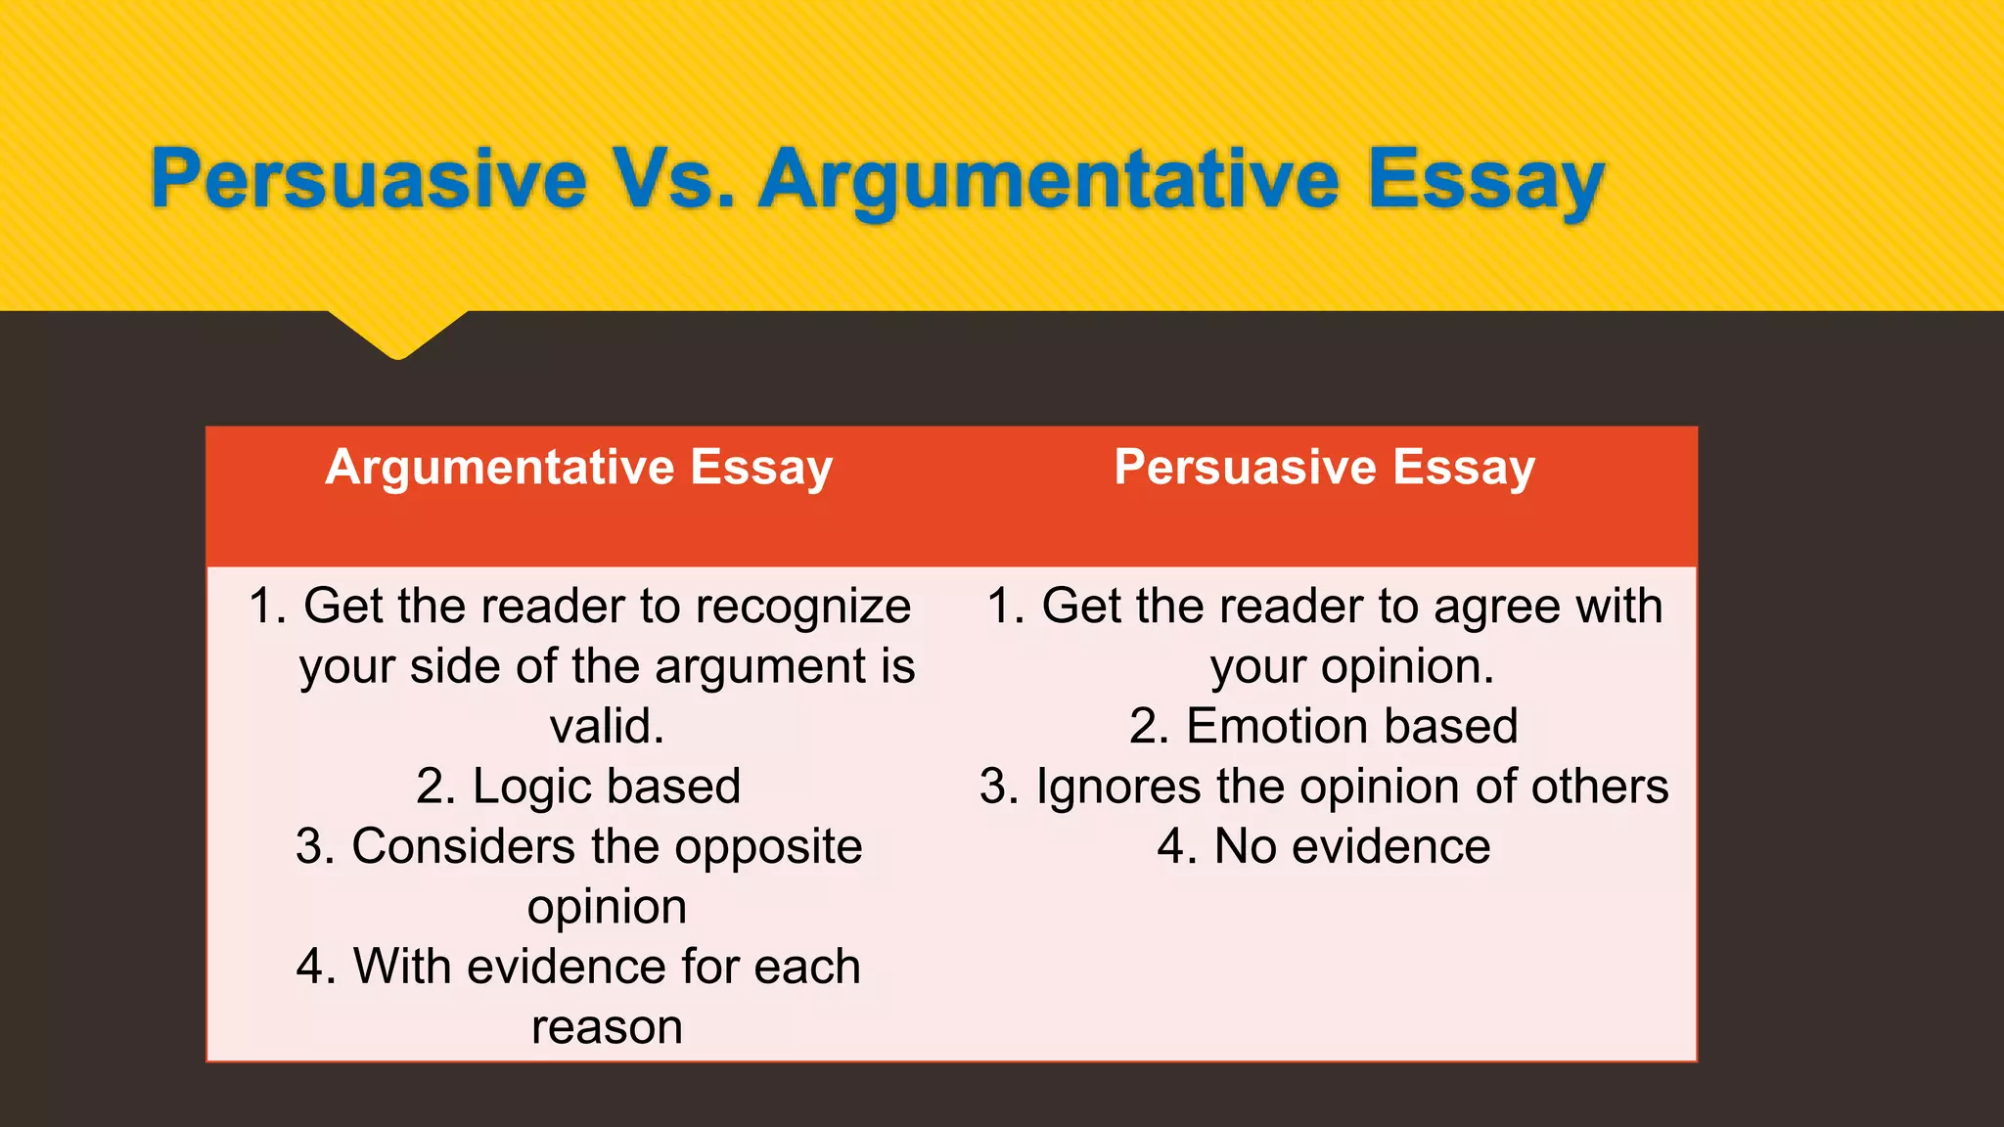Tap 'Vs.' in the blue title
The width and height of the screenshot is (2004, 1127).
(x=674, y=180)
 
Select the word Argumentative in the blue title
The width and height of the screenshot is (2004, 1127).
(x=1049, y=180)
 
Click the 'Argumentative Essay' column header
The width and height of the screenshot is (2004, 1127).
(x=578, y=468)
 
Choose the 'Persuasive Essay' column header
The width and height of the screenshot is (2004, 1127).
(x=1324, y=468)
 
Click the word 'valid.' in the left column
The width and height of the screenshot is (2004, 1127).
(x=607, y=727)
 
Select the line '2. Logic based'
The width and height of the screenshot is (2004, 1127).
(x=578, y=787)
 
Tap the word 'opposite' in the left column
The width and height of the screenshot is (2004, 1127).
(x=768, y=847)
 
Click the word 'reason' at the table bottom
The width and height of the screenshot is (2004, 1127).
(x=607, y=1027)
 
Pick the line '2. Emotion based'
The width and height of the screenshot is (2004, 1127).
(x=1323, y=727)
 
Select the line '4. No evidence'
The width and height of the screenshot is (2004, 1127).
(x=1323, y=847)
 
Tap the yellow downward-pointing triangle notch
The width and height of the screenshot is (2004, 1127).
(x=398, y=333)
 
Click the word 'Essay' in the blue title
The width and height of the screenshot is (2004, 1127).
(x=1485, y=180)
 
